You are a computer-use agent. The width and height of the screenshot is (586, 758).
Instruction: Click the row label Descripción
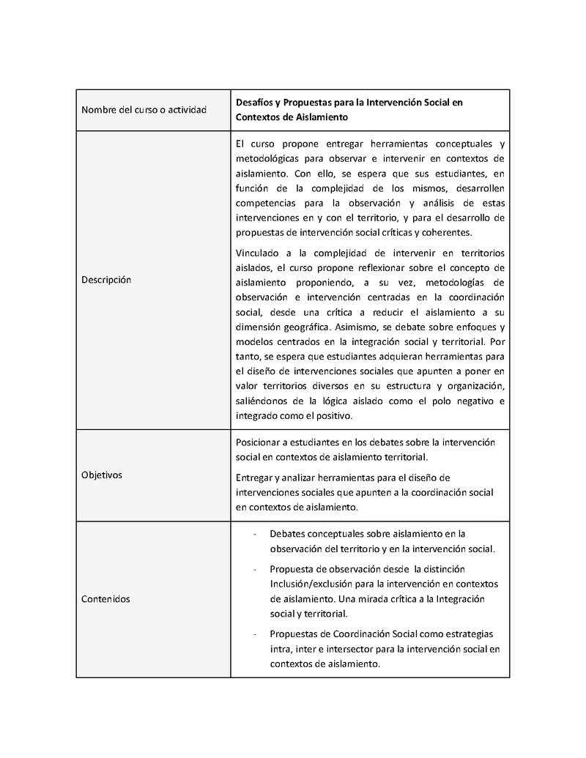coord(106,280)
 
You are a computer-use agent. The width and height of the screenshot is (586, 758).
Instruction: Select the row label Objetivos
coord(102,475)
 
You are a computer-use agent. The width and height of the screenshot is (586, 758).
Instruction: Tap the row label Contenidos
coord(105,599)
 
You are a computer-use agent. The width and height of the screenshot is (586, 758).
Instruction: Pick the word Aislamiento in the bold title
coord(315,116)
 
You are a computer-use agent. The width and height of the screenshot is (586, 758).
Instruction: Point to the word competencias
coord(266,202)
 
